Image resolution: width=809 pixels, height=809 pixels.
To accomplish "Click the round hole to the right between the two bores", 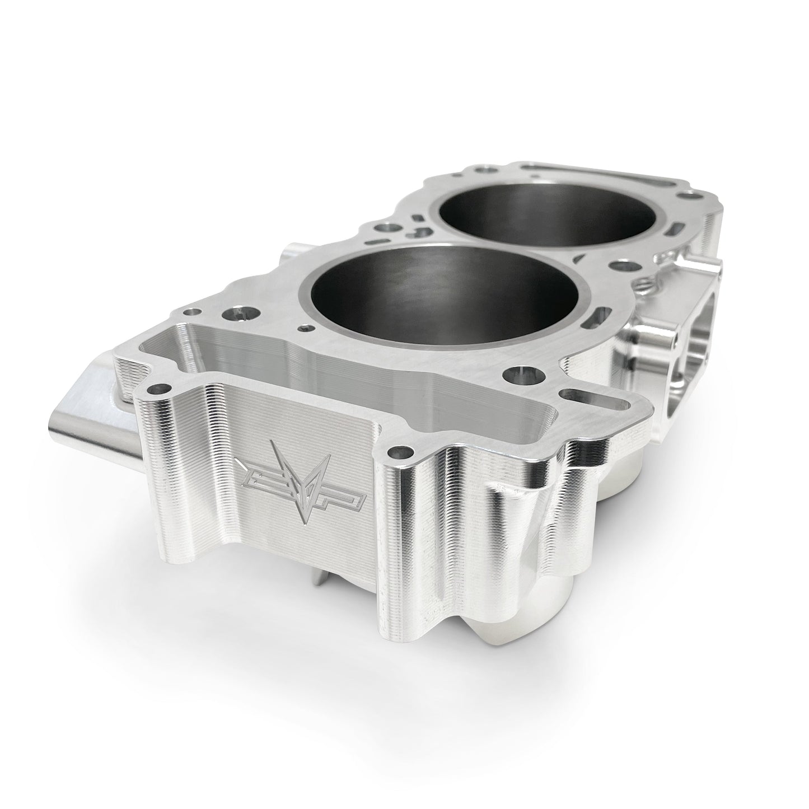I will coord(619,264).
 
